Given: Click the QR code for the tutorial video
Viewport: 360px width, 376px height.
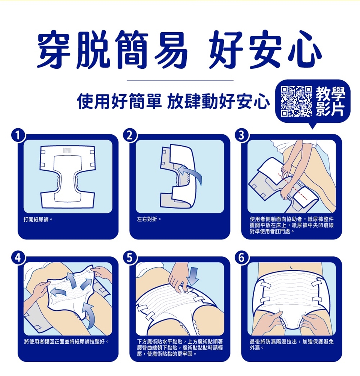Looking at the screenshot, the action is pos(296,101).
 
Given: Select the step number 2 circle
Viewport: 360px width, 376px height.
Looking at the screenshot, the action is pos(130,136).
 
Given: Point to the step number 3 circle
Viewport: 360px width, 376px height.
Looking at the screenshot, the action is pos(241,136).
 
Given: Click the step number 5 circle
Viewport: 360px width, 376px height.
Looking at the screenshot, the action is pos(130,258).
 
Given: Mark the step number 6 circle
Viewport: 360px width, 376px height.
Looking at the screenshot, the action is pos(241,258).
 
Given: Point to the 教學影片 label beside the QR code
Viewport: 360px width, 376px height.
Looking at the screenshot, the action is pos(330,102).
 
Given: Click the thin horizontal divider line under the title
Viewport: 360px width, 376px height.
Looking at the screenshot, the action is pos(180,81).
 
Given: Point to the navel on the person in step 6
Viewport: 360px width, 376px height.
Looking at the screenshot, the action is pos(291,267).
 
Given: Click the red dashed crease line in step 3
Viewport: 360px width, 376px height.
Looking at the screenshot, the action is pos(292,186).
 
